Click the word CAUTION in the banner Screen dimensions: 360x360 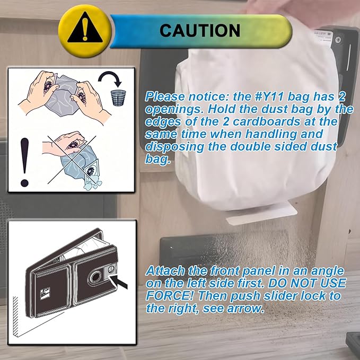click(200, 31)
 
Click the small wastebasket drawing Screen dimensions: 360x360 click(118, 98)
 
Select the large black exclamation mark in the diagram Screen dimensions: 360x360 click(24, 162)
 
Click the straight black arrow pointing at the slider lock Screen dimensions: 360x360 click(119, 282)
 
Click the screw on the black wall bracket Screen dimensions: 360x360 click(338, 40)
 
